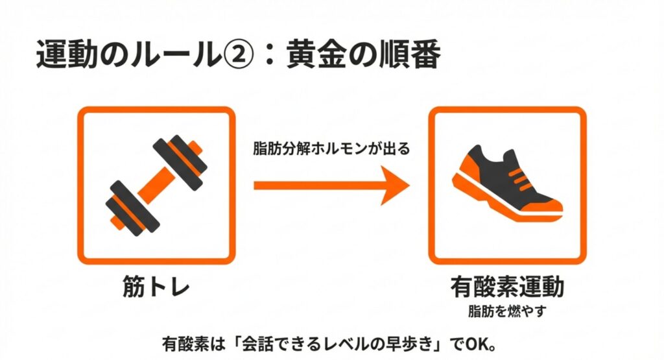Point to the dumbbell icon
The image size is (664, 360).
click(x=156, y=185)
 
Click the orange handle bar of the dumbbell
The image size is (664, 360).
click(x=156, y=185)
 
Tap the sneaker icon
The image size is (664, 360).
click(x=507, y=183)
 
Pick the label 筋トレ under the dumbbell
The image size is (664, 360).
click(x=156, y=287)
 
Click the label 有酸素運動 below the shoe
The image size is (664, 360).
click(x=507, y=287)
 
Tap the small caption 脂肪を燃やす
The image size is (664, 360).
click(x=507, y=311)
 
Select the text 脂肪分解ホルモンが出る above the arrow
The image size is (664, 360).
click(x=331, y=149)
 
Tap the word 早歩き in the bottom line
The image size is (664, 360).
click(x=412, y=344)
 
